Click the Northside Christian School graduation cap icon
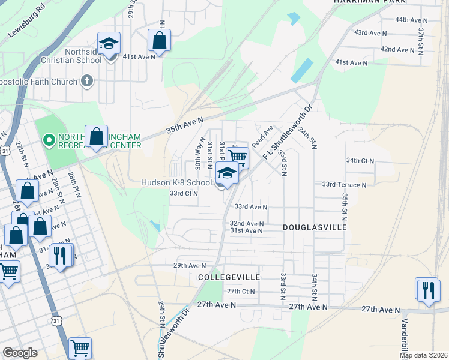109,44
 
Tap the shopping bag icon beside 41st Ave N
159,41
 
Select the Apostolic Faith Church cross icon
87,81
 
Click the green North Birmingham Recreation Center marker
49,141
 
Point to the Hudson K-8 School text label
176,182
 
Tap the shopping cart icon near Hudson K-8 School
237,158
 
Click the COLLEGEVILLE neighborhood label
229,277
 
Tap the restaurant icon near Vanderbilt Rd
427,290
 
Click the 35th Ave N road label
186,128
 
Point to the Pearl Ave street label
262,137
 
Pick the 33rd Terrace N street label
344,185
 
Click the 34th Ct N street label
360,161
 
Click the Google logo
20,353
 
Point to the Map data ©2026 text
424,355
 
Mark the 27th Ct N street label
241,292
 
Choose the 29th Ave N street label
189,265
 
